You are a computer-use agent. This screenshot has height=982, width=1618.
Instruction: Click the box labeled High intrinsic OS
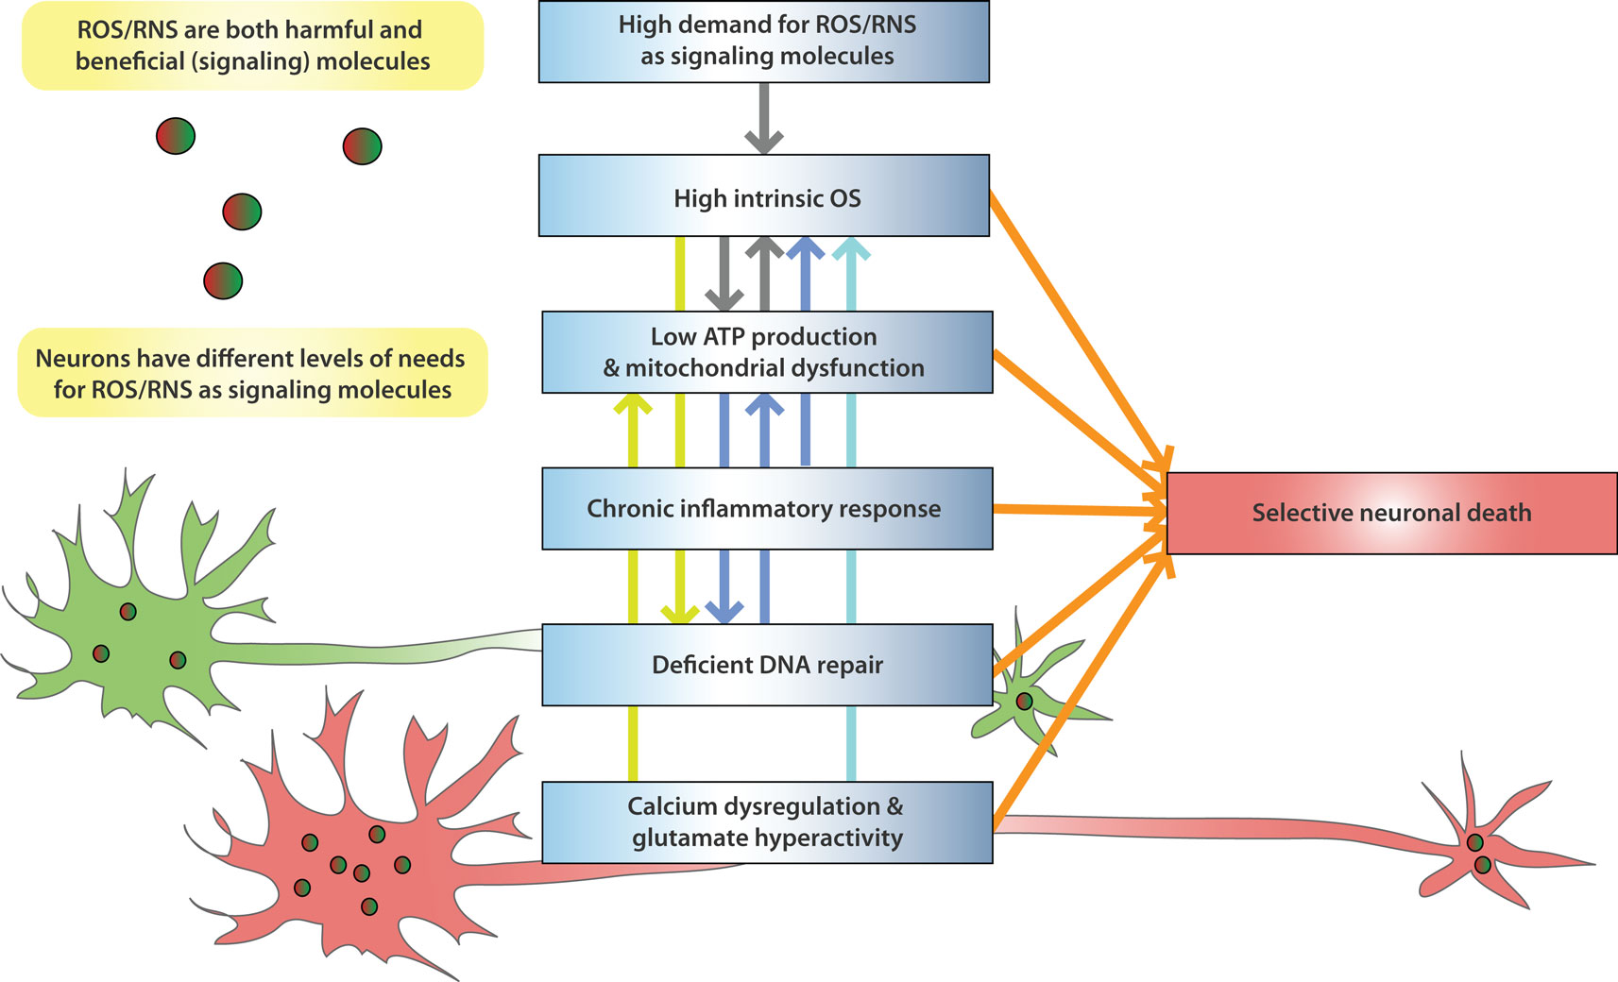(x=764, y=195)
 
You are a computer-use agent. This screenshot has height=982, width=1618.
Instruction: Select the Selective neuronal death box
(x=1392, y=514)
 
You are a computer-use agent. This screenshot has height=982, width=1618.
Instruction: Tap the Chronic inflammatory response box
(x=767, y=508)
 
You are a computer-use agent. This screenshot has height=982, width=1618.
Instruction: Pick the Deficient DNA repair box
(x=767, y=665)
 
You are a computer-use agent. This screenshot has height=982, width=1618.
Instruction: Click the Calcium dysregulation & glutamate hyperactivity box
(x=767, y=822)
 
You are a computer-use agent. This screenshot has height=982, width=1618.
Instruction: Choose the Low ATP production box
(x=767, y=352)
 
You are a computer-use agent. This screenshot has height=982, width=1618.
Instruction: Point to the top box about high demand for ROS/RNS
(x=764, y=42)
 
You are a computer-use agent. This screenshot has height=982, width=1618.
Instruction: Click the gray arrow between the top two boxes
(x=764, y=118)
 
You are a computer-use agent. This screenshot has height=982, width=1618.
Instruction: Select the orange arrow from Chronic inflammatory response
(x=1080, y=511)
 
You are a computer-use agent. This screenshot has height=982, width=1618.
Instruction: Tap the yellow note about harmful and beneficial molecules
(x=253, y=45)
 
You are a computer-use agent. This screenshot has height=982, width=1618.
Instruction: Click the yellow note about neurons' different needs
(x=253, y=373)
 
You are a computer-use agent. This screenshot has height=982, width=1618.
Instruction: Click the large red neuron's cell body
(x=347, y=867)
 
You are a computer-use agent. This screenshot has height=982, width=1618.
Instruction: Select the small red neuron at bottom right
(x=1477, y=852)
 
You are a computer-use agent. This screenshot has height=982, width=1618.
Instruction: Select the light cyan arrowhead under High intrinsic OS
(x=852, y=249)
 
